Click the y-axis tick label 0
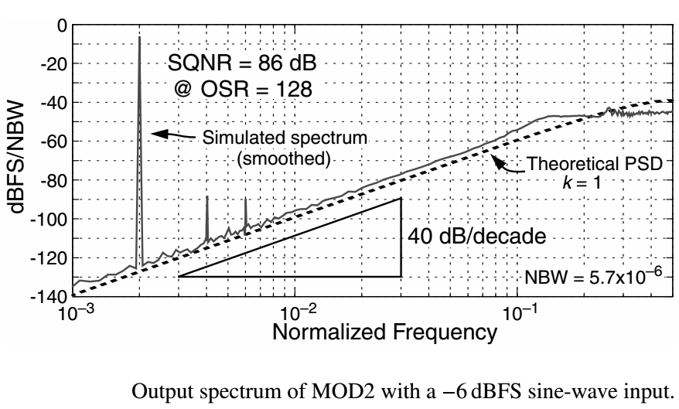tap(61, 25)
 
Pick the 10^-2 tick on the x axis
tap(295, 312)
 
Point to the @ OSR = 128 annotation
tap(243, 87)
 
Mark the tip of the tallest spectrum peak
tap(139, 37)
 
